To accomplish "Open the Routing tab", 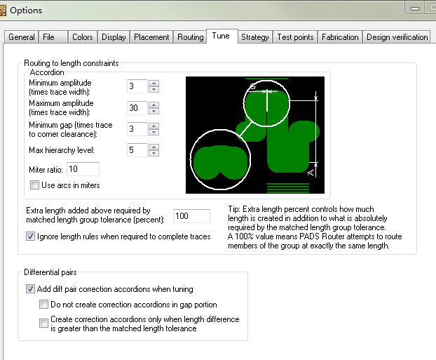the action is pyautogui.click(x=191, y=37).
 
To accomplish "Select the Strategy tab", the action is pyautogui.click(x=255, y=37).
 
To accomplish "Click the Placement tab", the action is pyautogui.click(x=151, y=37).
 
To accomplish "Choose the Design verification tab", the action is pyautogui.click(x=397, y=37).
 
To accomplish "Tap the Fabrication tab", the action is pyautogui.click(x=340, y=37).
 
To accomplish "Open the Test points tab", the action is pyautogui.click(x=295, y=37).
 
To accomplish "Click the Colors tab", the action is pyautogui.click(x=83, y=37).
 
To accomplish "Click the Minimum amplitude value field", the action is pyautogui.click(x=137, y=86).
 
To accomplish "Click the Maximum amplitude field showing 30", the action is pyautogui.click(x=137, y=108).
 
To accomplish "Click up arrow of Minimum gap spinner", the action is pyautogui.click(x=154, y=126).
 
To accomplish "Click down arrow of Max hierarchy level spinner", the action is pyautogui.click(x=154, y=153).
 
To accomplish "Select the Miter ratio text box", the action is pyautogui.click(x=83, y=169).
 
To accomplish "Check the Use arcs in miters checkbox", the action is pyautogui.click(x=34, y=185).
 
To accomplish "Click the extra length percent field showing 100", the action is pyautogui.click(x=191, y=216).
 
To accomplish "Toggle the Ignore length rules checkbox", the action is pyautogui.click(x=30, y=236).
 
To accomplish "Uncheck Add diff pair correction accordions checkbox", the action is pyautogui.click(x=30, y=288).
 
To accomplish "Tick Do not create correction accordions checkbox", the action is pyautogui.click(x=43, y=305).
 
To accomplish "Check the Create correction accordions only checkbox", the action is pyautogui.click(x=43, y=324).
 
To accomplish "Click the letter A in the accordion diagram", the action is pyautogui.click(x=311, y=173).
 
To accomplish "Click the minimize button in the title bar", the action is pyautogui.click(x=415, y=8).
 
